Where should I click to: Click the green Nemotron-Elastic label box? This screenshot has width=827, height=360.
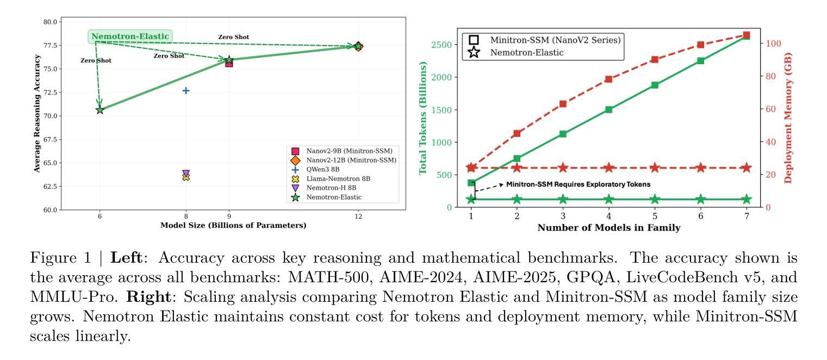130,37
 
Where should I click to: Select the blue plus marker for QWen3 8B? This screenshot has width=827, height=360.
186,90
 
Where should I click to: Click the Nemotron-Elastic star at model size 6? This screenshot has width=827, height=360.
100,110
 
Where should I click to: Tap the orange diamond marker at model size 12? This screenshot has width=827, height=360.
358,47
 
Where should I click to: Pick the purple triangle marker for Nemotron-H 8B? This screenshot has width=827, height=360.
186,173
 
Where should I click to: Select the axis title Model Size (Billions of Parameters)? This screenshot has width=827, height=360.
233,226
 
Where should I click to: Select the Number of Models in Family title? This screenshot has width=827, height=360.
609,228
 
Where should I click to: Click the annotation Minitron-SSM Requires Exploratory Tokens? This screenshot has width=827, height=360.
578,184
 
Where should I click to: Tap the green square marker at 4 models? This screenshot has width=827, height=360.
609,109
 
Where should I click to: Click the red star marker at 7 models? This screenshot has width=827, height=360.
747,167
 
